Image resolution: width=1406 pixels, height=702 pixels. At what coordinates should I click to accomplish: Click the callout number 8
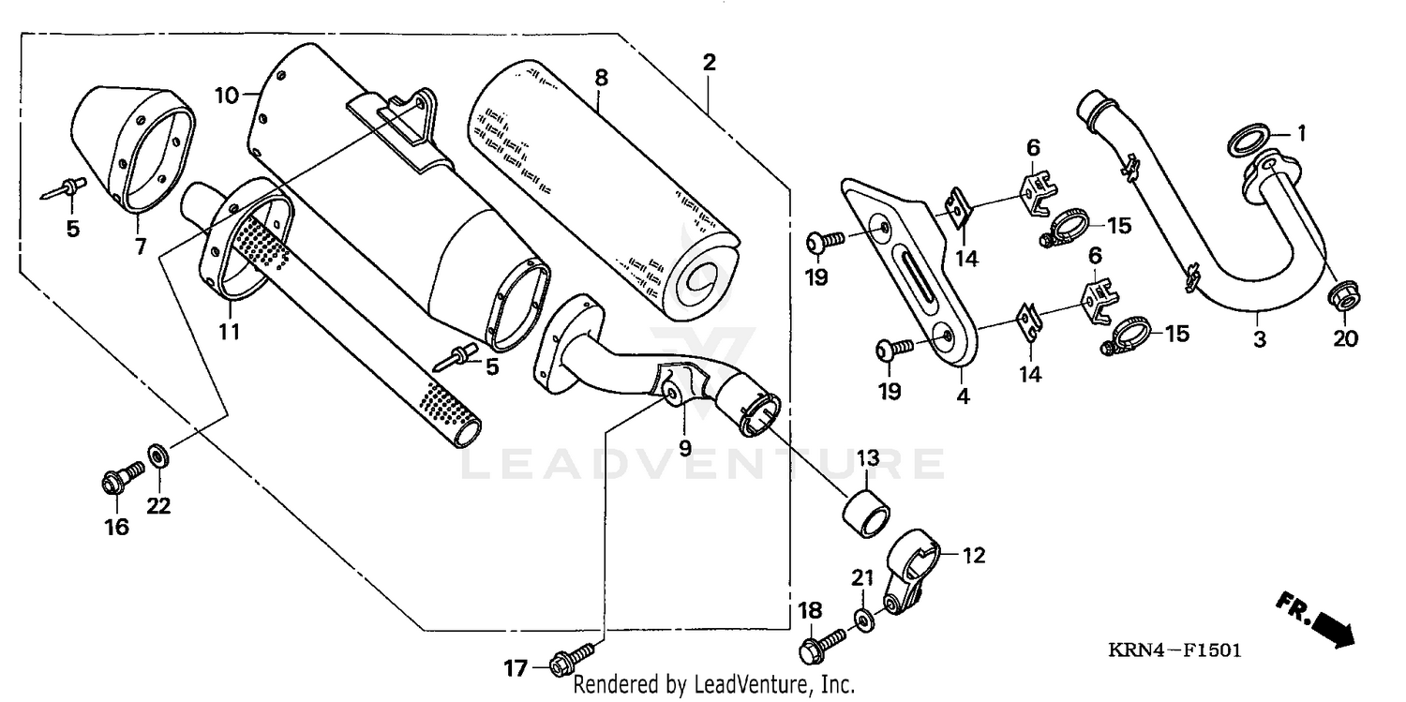tap(601, 78)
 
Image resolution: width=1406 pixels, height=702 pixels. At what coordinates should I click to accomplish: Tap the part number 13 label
tap(868, 458)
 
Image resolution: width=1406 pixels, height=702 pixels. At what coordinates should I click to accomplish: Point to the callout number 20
tap(1345, 339)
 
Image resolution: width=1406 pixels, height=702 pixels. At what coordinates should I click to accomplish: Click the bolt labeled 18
tap(822, 644)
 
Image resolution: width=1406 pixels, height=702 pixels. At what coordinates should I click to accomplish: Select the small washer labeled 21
tap(861, 620)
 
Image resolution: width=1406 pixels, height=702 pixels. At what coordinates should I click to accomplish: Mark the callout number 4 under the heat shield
tap(964, 396)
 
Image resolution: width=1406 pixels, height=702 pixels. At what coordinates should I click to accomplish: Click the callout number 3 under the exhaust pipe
tap(1260, 339)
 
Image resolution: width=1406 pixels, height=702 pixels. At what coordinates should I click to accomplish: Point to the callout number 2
tap(710, 63)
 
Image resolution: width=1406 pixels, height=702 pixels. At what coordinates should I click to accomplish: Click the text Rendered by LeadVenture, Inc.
tap(713, 685)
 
